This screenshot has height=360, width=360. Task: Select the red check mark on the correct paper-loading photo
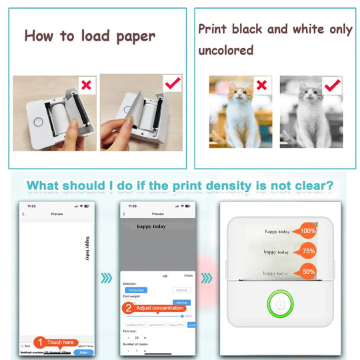pyautogui.click(x=172, y=84)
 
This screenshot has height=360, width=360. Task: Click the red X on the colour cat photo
pyautogui.click(x=263, y=86)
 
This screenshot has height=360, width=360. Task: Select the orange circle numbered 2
pyautogui.click(x=127, y=308)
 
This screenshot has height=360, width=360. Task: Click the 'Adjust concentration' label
pyautogui.click(x=160, y=308)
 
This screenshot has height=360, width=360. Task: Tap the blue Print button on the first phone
pyautogui.click(x=83, y=352)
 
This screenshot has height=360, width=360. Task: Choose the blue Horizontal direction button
pyautogui.click(x=136, y=291)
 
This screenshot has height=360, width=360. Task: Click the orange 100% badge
pyautogui.click(x=308, y=230)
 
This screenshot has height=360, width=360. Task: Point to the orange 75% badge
pyautogui.click(x=308, y=251)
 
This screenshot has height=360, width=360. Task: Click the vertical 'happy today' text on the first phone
pyautogui.click(x=87, y=248)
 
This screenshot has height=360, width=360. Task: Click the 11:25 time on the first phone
pyautogui.click(x=31, y=206)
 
